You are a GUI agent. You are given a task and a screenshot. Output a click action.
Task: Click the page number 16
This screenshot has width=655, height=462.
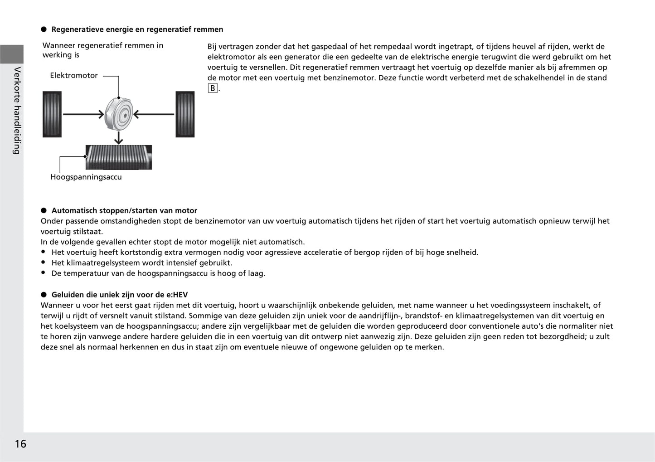pyautogui.click(x=20, y=444)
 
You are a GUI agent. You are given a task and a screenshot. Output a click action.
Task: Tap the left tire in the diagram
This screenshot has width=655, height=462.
pyautogui.click(x=52, y=114)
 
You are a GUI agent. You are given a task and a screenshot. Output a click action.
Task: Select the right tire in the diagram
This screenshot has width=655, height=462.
pyautogui.click(x=185, y=114)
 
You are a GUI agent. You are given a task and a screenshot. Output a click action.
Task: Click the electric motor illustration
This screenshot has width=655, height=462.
pyautogui.click(x=119, y=114)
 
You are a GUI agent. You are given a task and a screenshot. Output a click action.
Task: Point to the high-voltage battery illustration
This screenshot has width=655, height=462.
pyautogui.click(x=119, y=157)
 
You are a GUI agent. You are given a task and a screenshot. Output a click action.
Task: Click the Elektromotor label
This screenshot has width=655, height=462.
pyautogui.click(x=74, y=76)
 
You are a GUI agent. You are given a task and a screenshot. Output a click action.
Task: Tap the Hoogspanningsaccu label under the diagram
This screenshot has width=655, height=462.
pyautogui.click(x=86, y=177)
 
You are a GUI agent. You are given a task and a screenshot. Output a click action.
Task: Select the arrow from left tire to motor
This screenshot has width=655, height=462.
pyautogui.click(x=83, y=114)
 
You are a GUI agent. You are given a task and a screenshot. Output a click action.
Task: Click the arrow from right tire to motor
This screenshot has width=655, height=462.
pyautogui.click(x=154, y=114)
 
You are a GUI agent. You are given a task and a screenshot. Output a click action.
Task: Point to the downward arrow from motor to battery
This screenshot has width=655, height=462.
pyautogui.click(x=119, y=138)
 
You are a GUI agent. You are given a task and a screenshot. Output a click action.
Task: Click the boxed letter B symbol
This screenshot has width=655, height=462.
pyautogui.click(x=213, y=88)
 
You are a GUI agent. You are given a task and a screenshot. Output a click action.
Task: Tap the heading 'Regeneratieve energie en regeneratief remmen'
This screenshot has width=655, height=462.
pyautogui.click(x=137, y=29)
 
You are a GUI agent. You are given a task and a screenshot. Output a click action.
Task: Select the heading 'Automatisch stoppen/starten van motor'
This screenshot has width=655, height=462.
pyautogui.click(x=124, y=210)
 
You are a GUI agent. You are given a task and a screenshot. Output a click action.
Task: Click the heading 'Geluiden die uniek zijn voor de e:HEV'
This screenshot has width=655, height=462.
pyautogui.click(x=120, y=295)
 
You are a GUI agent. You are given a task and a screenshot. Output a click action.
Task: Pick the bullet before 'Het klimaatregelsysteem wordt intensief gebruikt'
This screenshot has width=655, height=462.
pyautogui.click(x=44, y=263)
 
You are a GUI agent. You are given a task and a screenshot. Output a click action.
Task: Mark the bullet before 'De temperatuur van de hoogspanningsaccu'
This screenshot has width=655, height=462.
pyautogui.click(x=44, y=273)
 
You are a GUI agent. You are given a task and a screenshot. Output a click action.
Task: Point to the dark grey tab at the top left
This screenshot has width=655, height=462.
pyautogui.click(x=12, y=54)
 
